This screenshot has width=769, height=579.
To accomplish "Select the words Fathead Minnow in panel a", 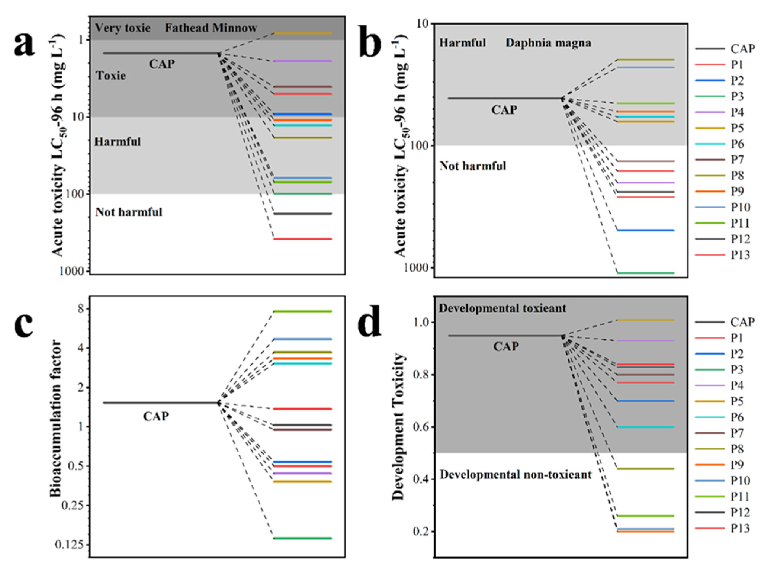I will (211, 28).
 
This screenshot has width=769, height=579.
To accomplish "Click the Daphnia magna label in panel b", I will (548, 43).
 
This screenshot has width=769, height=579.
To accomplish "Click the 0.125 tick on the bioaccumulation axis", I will (70, 545).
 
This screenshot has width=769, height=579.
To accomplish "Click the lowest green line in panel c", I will (302, 538).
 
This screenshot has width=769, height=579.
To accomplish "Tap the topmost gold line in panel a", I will (302, 33).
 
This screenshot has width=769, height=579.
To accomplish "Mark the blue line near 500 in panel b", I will (646, 230).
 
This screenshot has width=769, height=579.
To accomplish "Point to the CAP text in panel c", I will (156, 416).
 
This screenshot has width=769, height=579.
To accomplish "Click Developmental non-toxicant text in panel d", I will (516, 475).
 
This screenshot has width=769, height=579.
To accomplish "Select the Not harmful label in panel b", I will (473, 166).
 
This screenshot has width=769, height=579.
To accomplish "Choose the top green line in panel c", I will (302, 312).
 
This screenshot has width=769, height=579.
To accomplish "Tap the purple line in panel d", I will (646, 341).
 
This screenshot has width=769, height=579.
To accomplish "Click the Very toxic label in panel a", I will (123, 28).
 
